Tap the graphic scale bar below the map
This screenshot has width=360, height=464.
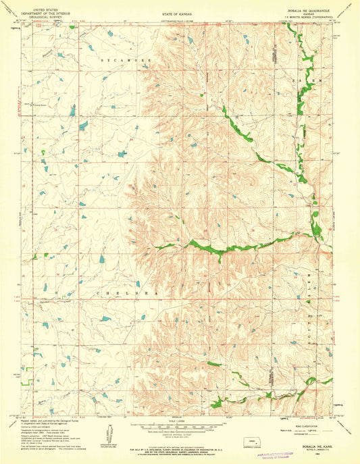179,428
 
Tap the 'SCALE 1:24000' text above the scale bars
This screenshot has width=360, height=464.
179,422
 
